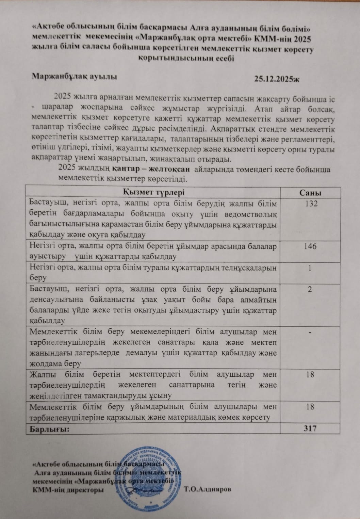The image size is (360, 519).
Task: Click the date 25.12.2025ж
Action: (276, 79)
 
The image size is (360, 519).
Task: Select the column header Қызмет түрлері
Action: (153, 192)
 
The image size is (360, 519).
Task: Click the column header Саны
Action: (310, 193)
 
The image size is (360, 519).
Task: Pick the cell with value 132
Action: (310, 204)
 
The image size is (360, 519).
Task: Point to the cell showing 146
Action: (310, 246)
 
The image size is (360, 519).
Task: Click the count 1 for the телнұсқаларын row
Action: (310, 268)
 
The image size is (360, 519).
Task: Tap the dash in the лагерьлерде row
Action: (310, 332)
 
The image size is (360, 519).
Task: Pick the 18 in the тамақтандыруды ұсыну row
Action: (310, 375)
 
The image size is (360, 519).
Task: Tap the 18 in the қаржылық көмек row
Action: (310, 407)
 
